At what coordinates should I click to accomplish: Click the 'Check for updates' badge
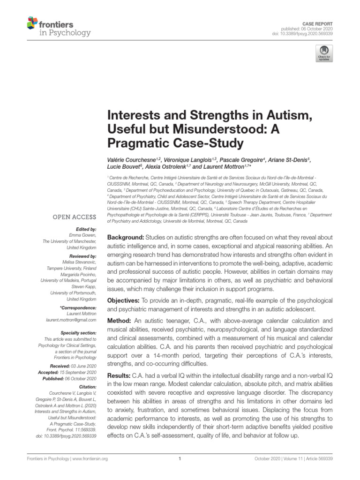click(323, 53)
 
